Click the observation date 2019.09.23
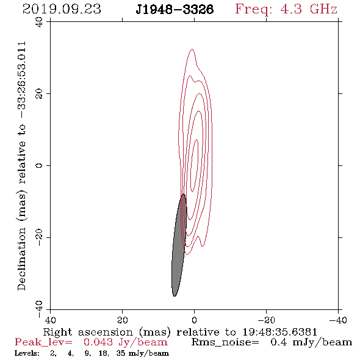[x=62, y=9]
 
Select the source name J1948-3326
[x=175, y=10]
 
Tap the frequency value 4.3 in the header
[x=291, y=9]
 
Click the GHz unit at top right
[x=323, y=9]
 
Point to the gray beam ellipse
[x=179, y=246]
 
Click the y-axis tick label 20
[x=39, y=94]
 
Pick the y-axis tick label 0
[x=39, y=165]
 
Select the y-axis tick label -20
[x=39, y=237]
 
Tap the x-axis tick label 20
[x=123, y=320]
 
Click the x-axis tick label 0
[x=194, y=320]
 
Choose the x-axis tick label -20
[x=266, y=320]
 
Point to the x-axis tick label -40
[x=338, y=320]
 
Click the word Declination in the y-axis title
[x=21, y=259]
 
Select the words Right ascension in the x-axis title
[x=88, y=332]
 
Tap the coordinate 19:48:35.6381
[x=280, y=332]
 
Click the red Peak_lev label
[x=43, y=342]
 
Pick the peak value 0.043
[x=98, y=342]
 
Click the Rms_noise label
[x=225, y=342]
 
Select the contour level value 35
[x=121, y=353]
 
